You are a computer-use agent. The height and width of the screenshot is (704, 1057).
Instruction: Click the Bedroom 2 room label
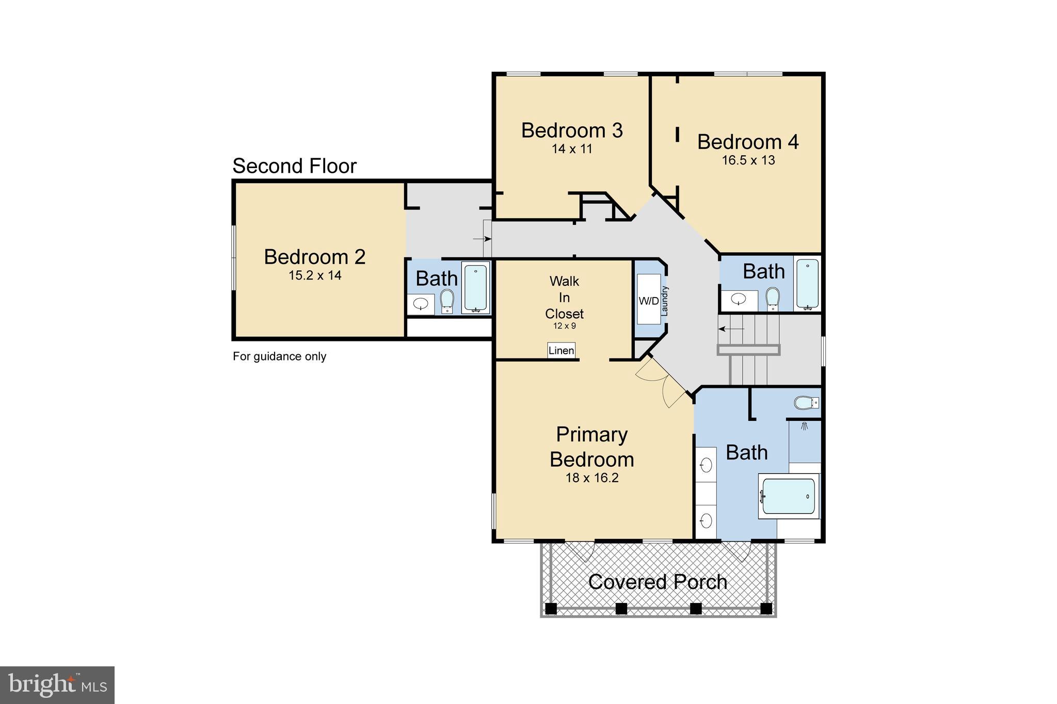[x=314, y=257]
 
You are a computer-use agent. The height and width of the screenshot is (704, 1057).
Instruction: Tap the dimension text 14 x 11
[x=571, y=149]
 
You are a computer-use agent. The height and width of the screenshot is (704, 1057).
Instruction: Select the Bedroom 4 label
[x=747, y=142]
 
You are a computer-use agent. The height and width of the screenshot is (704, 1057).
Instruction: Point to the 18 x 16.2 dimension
[x=591, y=478]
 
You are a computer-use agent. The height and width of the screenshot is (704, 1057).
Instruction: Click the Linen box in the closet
[x=561, y=351]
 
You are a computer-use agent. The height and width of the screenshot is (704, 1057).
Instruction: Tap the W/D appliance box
[x=648, y=301]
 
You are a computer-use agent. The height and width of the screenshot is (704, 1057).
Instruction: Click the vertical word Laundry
[x=665, y=301]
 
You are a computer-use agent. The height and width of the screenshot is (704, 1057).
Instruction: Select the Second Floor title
[x=294, y=166]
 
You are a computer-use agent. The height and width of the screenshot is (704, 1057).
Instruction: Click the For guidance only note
[x=279, y=356]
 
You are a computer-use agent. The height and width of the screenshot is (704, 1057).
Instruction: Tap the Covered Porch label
[x=658, y=582]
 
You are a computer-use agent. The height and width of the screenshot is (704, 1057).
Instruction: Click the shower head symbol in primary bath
[x=804, y=427]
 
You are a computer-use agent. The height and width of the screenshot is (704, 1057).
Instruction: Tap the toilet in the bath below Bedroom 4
[x=772, y=299]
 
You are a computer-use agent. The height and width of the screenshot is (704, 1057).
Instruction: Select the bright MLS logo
[x=57, y=685]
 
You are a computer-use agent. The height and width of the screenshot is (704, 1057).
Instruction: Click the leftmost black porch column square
[x=551, y=608]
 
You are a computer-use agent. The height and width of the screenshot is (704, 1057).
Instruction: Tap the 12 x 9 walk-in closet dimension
[x=564, y=326]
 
